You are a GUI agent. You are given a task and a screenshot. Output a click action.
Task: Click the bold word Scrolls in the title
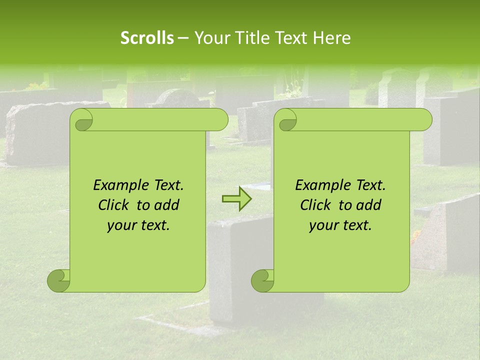[x=147, y=38]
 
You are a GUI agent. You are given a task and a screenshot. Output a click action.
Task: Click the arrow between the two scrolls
[x=236, y=199]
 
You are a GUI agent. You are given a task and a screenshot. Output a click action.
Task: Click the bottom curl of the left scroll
[x=59, y=280]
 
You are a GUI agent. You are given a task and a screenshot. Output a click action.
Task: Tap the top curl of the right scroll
[x=286, y=120]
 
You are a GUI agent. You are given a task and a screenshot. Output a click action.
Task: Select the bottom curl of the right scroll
[x=262, y=280]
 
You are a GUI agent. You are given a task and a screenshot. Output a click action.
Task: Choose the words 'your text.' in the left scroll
[x=138, y=225]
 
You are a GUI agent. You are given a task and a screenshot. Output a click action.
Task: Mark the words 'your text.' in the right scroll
[x=340, y=225]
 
